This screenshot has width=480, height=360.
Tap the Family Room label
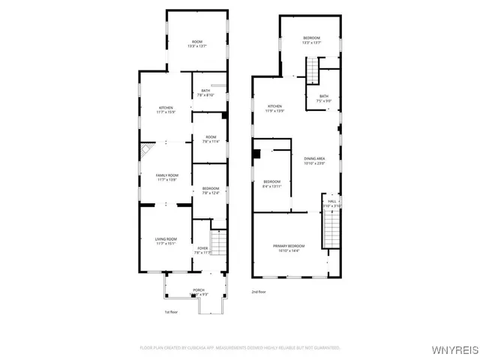coord(166,177)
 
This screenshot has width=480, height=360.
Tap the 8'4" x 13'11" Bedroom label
coord(271,184)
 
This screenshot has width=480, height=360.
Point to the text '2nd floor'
coord(259,292)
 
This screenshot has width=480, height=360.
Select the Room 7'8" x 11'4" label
coord(210,139)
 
